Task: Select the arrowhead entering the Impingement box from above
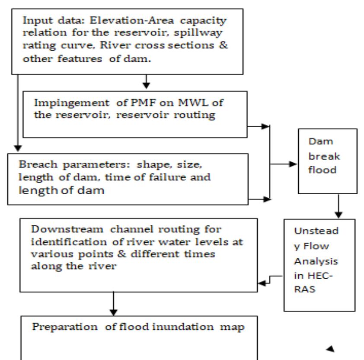coord(147,83)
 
